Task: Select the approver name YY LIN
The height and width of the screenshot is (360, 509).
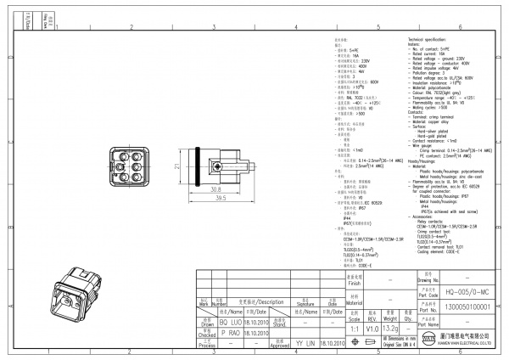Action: pyautogui.click(x=303, y=344)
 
